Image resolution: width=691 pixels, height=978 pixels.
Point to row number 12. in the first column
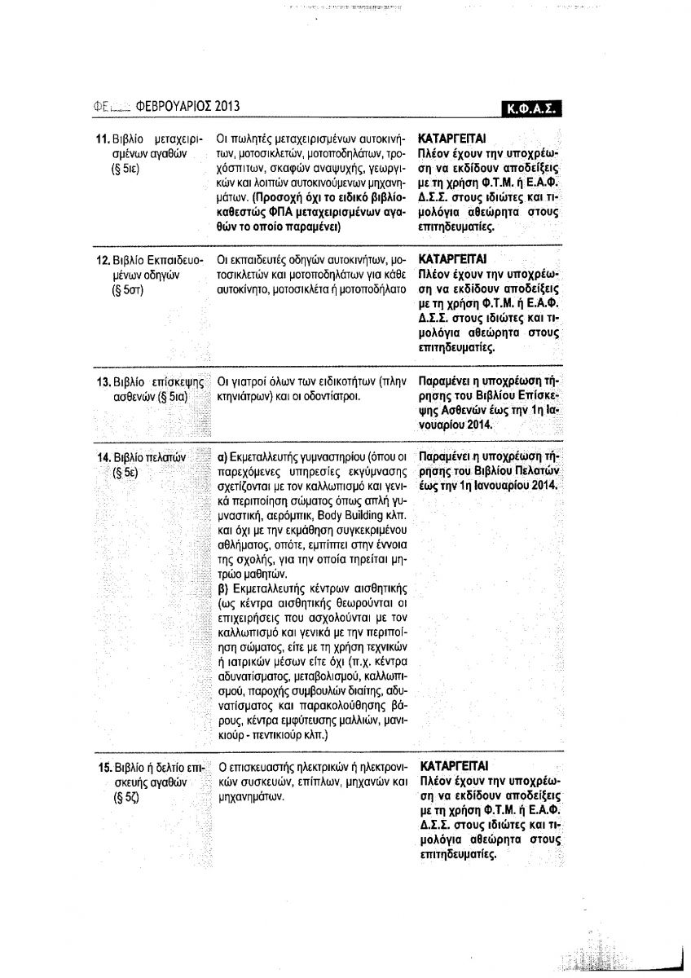(103, 260)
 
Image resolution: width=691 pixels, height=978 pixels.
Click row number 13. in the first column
(103, 381)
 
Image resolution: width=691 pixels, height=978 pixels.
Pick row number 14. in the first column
(103, 456)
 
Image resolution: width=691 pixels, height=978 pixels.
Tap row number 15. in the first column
(103, 768)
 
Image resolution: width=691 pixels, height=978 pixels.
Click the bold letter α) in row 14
(221, 457)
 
